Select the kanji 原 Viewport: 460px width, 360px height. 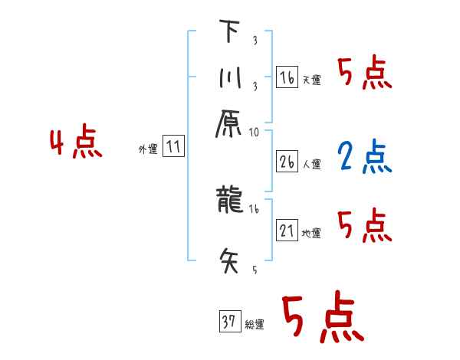click(x=230, y=125)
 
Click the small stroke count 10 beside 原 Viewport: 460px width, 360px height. click(x=255, y=133)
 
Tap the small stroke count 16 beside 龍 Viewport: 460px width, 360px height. click(x=255, y=208)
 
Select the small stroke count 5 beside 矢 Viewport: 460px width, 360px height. click(x=254, y=270)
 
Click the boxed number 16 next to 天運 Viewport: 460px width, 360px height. click(x=287, y=77)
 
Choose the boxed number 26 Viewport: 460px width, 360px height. click(x=287, y=161)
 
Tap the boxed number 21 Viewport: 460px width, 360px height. click(x=287, y=230)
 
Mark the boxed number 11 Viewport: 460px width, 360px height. click(x=175, y=146)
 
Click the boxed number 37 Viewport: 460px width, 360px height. click(x=228, y=322)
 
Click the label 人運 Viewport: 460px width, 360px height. click(x=312, y=164)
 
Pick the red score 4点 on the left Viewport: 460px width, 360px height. click(x=75, y=144)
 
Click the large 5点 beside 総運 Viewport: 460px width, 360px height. click(x=321, y=319)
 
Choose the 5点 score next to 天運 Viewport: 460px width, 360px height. click(x=364, y=75)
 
